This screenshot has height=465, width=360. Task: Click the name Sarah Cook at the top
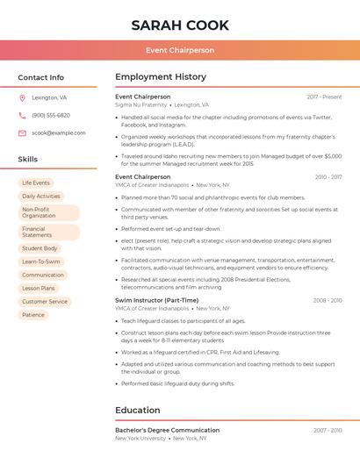click(180, 25)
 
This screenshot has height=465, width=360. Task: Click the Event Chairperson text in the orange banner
click(180, 50)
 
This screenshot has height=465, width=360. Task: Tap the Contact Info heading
click(40, 77)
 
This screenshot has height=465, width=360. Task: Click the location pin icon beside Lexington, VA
click(22, 98)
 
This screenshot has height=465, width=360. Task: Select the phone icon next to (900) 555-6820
click(22, 116)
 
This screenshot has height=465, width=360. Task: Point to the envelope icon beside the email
click(22, 133)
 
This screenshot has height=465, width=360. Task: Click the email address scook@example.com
click(59, 133)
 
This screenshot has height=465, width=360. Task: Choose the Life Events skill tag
click(36, 182)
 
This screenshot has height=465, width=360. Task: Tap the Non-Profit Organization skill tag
click(48, 212)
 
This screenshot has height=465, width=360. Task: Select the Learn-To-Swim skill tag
click(41, 261)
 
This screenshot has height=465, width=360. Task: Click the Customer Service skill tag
click(45, 301)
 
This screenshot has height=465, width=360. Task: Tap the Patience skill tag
click(33, 314)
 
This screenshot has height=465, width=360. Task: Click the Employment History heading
click(161, 77)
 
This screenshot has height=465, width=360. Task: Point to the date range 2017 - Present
click(324, 97)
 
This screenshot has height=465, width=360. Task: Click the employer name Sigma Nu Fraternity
click(140, 105)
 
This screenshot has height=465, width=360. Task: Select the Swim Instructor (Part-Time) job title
click(156, 300)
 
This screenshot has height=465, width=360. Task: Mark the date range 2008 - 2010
click(327, 301)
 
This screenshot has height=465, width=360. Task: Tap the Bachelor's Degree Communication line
click(167, 430)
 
